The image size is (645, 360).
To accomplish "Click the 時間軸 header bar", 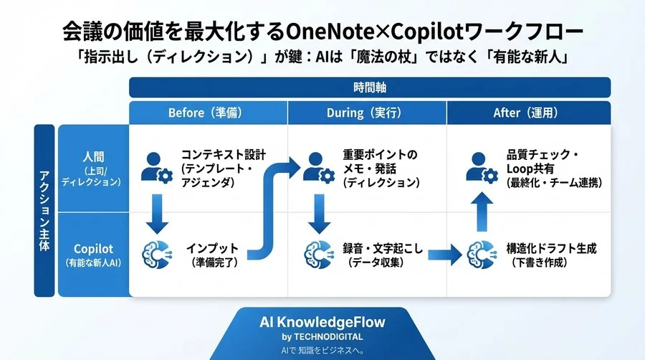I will [369, 87].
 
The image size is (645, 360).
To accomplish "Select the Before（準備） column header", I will [208, 113].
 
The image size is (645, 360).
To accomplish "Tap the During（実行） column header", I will [367, 113].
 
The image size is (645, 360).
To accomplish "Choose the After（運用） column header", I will [528, 113].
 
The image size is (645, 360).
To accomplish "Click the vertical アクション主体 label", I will [44, 211].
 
